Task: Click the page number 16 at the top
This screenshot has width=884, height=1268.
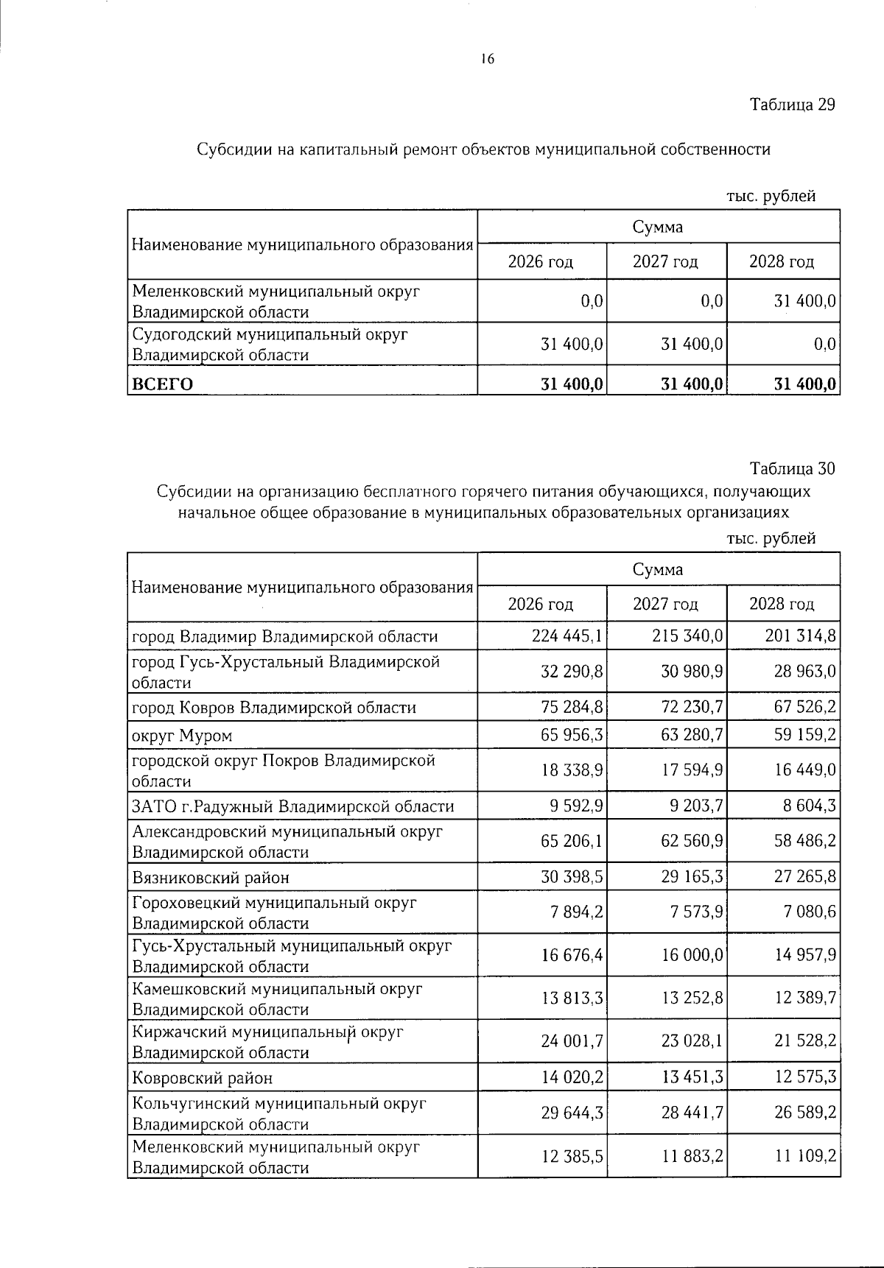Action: point(487,60)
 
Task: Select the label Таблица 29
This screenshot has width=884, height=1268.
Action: point(792,105)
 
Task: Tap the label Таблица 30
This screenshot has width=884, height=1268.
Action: point(792,468)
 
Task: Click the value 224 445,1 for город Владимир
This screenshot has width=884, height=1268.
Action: point(567,636)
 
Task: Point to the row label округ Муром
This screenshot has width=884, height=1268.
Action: point(182,736)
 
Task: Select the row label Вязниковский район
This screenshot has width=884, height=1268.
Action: point(211,878)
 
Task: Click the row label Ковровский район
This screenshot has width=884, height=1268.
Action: point(202,1078)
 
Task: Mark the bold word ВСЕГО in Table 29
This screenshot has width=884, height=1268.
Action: point(162,384)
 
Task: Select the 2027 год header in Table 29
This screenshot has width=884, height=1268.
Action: point(665,261)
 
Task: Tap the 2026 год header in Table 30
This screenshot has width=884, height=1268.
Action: point(541,605)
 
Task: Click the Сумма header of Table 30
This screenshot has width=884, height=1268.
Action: point(658,569)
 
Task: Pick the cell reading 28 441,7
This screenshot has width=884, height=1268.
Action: point(692,1113)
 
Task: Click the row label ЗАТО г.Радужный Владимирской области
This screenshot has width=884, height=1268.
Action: point(292,806)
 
